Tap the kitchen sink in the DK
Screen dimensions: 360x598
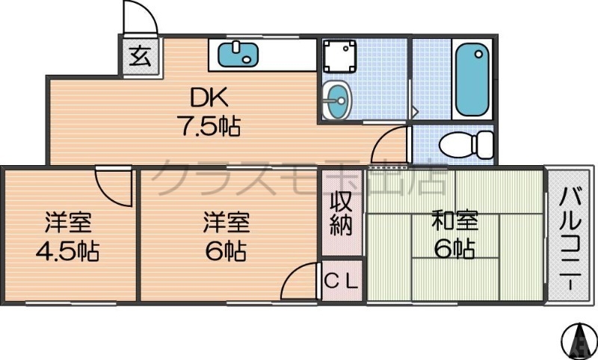[x=238, y=54]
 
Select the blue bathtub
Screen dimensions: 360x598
[x=472, y=78]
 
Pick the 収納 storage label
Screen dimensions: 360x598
[x=342, y=213]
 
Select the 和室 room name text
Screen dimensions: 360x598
[x=454, y=222]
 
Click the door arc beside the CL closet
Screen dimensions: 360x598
[x=302, y=282]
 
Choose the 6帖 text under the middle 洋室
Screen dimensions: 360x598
[x=226, y=250]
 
